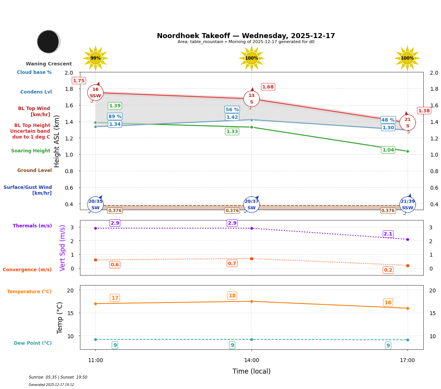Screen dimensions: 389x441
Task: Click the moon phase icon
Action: click(x=48, y=42)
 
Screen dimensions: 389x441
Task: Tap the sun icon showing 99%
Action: click(x=95, y=58)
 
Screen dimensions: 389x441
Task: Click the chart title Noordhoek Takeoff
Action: click(x=246, y=36)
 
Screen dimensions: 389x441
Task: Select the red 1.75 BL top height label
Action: click(x=79, y=81)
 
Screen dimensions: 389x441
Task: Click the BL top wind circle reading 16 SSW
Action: click(x=95, y=93)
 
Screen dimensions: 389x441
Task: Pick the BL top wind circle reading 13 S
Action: click(x=251, y=99)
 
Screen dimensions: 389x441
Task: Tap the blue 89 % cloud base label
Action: click(x=115, y=117)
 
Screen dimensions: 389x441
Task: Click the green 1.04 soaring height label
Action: click(x=388, y=150)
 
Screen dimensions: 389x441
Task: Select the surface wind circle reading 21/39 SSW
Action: click(x=408, y=205)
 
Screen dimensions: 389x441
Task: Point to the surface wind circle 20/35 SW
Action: click(x=95, y=205)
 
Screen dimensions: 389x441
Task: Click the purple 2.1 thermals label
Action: click(x=388, y=234)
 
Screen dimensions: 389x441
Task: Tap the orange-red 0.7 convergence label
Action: click(x=232, y=264)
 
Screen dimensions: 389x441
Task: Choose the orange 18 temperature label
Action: click(x=232, y=296)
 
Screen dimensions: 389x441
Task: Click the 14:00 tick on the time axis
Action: click(x=251, y=361)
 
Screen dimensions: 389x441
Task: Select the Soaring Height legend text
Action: click(x=31, y=151)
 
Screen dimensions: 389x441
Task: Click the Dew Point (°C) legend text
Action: click(x=33, y=343)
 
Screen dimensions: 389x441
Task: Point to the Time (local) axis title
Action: click(x=251, y=371)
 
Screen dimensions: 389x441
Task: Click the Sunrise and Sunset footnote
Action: click(x=58, y=377)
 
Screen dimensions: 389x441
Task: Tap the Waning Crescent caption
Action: click(x=49, y=64)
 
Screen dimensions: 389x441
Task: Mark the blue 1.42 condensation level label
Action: click(x=232, y=117)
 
